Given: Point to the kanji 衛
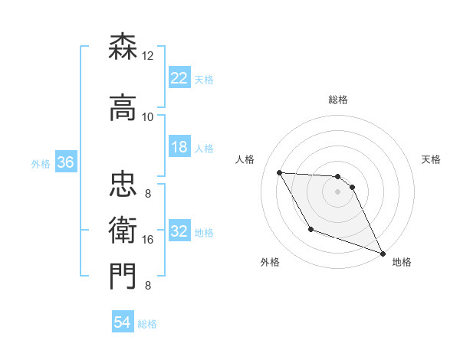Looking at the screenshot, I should pos(123,227).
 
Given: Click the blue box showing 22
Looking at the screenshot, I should pos(179,77).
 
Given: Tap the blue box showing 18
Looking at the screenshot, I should pos(179,147).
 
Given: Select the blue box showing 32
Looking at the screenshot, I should pos(179,231).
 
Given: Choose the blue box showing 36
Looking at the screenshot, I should pos(65,162).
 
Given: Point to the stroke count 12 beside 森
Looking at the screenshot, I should pos(147,56).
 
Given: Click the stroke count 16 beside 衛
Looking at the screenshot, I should pos(147,240).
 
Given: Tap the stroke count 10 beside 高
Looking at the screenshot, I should pos(147,116).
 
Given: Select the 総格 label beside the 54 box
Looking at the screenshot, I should pos(147,324).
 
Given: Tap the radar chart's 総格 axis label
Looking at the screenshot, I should pos(337,100).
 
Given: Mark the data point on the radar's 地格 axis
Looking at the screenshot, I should pos(383,254).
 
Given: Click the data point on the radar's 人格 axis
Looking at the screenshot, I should pos(279,172).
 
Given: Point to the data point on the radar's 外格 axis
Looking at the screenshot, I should pos(310,229).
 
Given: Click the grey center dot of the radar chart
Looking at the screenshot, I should pos(337,191).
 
